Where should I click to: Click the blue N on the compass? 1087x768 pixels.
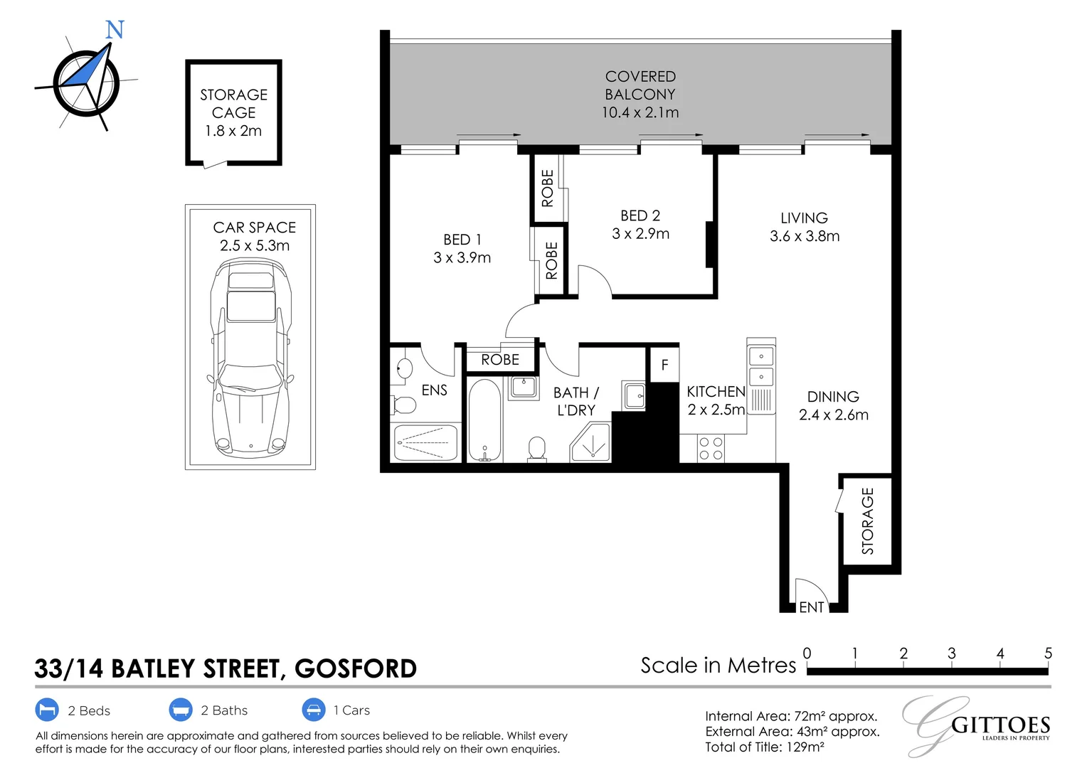(115, 30)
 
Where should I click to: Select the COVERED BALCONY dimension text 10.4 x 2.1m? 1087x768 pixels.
(640, 112)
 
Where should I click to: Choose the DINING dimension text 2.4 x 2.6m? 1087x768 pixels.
(833, 415)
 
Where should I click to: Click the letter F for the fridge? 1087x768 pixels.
(664, 365)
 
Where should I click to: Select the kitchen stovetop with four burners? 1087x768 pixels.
(711, 449)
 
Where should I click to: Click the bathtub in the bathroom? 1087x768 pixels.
(485, 420)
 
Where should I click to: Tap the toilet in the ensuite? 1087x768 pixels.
(403, 405)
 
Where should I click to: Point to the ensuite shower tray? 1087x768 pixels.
(425, 442)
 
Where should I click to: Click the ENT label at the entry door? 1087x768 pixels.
(811, 607)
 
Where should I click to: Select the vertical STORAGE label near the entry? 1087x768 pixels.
(867, 521)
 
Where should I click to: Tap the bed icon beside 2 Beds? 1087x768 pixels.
(47, 710)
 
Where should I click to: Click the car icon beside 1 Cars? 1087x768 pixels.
(313, 710)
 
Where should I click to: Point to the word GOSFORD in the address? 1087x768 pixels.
(355, 669)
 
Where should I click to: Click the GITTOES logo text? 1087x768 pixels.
(1000, 725)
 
